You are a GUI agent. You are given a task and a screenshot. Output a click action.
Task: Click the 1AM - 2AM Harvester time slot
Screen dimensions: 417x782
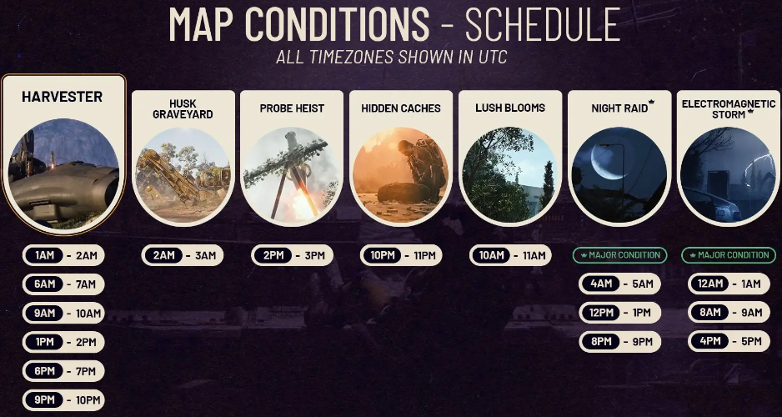pos(63,256)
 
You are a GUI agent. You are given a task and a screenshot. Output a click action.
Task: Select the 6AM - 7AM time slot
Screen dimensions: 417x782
pos(63,284)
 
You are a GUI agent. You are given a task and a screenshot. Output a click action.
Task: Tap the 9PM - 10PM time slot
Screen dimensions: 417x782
pos(63,399)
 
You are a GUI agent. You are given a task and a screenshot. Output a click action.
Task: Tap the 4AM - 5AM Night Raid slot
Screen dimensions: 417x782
pos(619,284)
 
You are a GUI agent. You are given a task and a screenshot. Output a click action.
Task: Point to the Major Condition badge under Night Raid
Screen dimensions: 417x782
pos(619,255)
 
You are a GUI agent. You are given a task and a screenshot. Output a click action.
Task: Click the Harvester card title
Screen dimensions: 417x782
pos(63,97)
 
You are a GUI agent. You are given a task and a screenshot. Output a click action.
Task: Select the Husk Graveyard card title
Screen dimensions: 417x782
pos(183,108)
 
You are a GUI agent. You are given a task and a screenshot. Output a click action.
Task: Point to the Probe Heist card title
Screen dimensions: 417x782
pos(292,108)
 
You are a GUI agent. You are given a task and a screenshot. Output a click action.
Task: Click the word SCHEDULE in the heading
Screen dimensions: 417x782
pos(542,25)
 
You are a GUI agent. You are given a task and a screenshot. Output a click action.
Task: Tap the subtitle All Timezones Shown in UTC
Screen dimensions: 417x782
pos(391,58)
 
